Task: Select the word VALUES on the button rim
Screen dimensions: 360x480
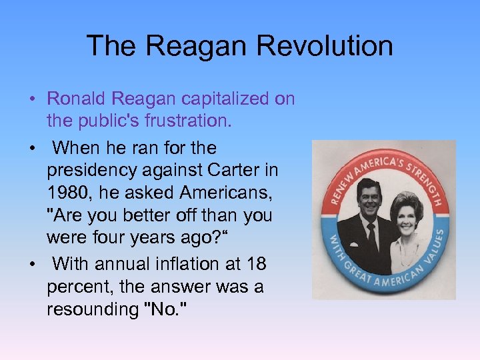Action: point(434,252)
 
